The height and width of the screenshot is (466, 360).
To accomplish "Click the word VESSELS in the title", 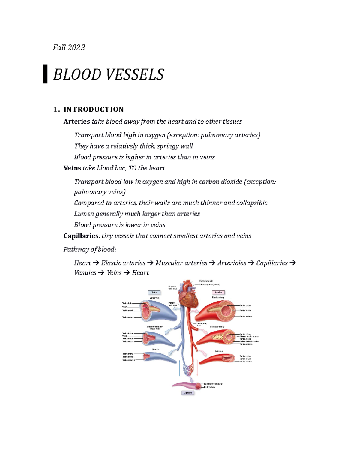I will [135, 74].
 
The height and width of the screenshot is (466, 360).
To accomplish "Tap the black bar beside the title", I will [45, 74].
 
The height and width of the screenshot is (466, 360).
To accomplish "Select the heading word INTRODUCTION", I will [94, 109].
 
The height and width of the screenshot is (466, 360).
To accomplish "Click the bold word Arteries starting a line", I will [77, 122].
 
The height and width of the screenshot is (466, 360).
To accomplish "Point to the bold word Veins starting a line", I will [72, 168].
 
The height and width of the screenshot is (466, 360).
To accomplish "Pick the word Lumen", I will [84, 214].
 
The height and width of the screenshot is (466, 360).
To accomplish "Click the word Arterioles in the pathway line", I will [232, 263].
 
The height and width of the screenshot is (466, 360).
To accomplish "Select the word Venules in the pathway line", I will [85, 273].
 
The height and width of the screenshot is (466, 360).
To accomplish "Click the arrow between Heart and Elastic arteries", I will [96, 263].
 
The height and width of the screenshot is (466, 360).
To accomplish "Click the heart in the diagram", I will [188, 299].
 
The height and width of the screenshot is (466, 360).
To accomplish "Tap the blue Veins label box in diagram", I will [154, 292].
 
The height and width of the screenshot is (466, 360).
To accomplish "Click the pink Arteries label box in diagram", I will [218, 292].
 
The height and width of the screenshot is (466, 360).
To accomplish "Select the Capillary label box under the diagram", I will [188, 393].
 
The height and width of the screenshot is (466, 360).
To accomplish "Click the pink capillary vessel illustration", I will [186, 385].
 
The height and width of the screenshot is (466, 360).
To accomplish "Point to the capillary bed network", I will [188, 369].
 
